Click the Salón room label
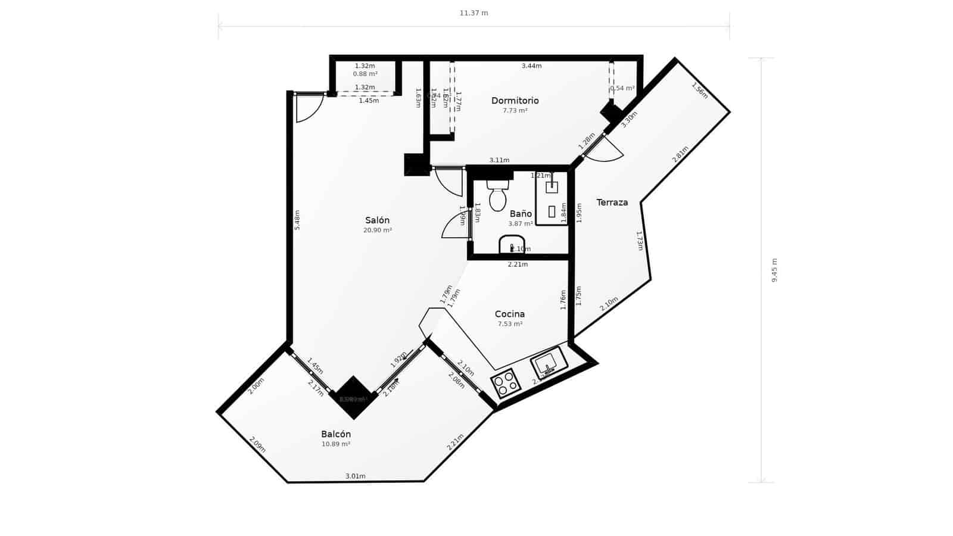pyautogui.click(x=377, y=220)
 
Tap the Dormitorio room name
pyautogui.click(x=515, y=101)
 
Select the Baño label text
pyautogui.click(x=521, y=214)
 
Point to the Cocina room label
pyautogui.click(x=510, y=314)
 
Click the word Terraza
pyautogui.click(x=612, y=202)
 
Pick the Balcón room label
pyautogui.click(x=336, y=434)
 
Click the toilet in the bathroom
pyautogui.click(x=497, y=196)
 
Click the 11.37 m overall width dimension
pyautogui.click(x=474, y=13)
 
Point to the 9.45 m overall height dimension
pyautogui.click(x=775, y=270)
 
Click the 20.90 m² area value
pyautogui.click(x=378, y=230)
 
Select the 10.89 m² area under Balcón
pyautogui.click(x=336, y=444)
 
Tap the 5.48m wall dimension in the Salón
pyautogui.click(x=297, y=220)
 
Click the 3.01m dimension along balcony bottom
pyautogui.click(x=356, y=476)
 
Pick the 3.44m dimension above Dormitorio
pyautogui.click(x=531, y=66)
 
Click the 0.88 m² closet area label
pyautogui.click(x=365, y=74)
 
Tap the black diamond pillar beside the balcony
pyautogui.click(x=353, y=398)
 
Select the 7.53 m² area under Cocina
pyautogui.click(x=510, y=325)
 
